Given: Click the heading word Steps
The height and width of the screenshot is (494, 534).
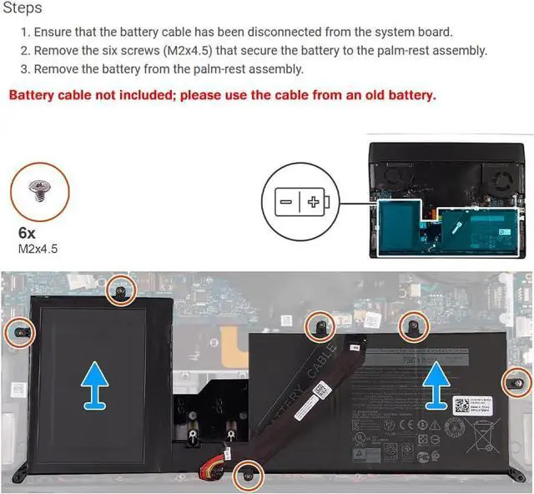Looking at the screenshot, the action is tap(23, 8).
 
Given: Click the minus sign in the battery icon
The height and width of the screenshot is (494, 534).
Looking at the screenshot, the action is tap(286, 202).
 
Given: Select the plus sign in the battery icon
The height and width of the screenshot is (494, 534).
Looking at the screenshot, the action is tap(313, 202).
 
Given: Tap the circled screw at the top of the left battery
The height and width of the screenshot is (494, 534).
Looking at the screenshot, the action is tap(120, 290).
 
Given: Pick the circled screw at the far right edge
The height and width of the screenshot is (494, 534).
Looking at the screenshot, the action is tap(516, 382).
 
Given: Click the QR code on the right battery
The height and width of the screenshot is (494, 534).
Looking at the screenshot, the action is tap(462, 406).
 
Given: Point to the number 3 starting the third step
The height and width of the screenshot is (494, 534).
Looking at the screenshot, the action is tap(25, 69).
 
